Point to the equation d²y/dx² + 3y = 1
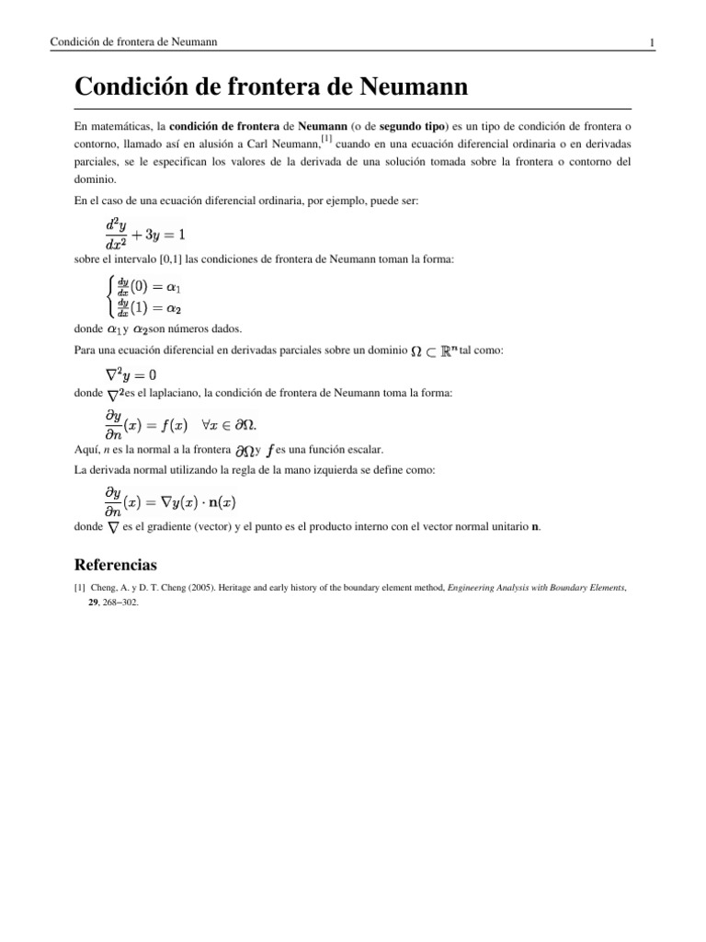(x=143, y=234)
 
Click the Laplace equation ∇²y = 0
(x=131, y=373)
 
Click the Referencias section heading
(x=115, y=563)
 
